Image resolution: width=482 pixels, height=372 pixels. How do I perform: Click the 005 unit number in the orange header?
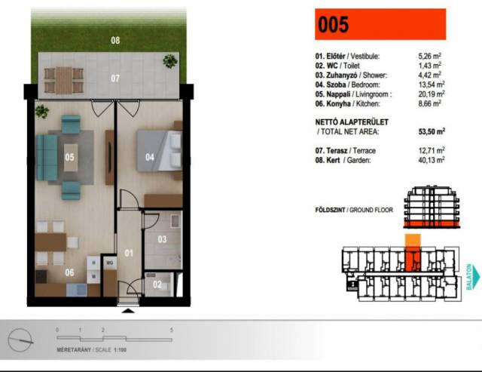[333, 25]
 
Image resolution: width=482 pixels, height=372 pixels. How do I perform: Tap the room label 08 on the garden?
[115, 40]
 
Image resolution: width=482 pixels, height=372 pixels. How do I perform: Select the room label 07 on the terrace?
[115, 78]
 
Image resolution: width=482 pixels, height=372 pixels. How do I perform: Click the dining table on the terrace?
[63, 81]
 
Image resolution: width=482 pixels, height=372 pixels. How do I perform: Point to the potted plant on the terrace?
[170, 61]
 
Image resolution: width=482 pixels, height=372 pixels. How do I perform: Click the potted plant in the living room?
[42, 112]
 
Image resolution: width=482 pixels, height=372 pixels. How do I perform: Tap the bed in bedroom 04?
[159, 150]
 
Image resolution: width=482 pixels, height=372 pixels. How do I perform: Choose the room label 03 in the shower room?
[162, 239]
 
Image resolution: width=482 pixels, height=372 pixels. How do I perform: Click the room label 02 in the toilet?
[157, 284]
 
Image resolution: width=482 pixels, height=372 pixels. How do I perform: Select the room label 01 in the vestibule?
[129, 253]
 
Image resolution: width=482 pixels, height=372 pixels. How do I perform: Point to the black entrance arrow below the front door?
[128, 311]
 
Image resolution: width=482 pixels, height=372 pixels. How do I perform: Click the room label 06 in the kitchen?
[69, 272]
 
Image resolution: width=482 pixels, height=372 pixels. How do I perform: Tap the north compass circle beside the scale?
[20, 340]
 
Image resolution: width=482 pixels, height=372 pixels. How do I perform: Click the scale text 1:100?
[120, 350]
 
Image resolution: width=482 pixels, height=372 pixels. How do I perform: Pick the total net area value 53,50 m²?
[432, 131]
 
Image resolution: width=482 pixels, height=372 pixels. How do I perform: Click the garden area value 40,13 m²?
[432, 160]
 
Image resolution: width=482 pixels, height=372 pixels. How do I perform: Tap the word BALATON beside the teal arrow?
[469, 276]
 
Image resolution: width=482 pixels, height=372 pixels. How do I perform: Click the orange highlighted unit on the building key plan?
[413, 259]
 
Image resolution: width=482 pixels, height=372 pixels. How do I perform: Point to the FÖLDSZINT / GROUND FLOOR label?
[354, 210]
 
